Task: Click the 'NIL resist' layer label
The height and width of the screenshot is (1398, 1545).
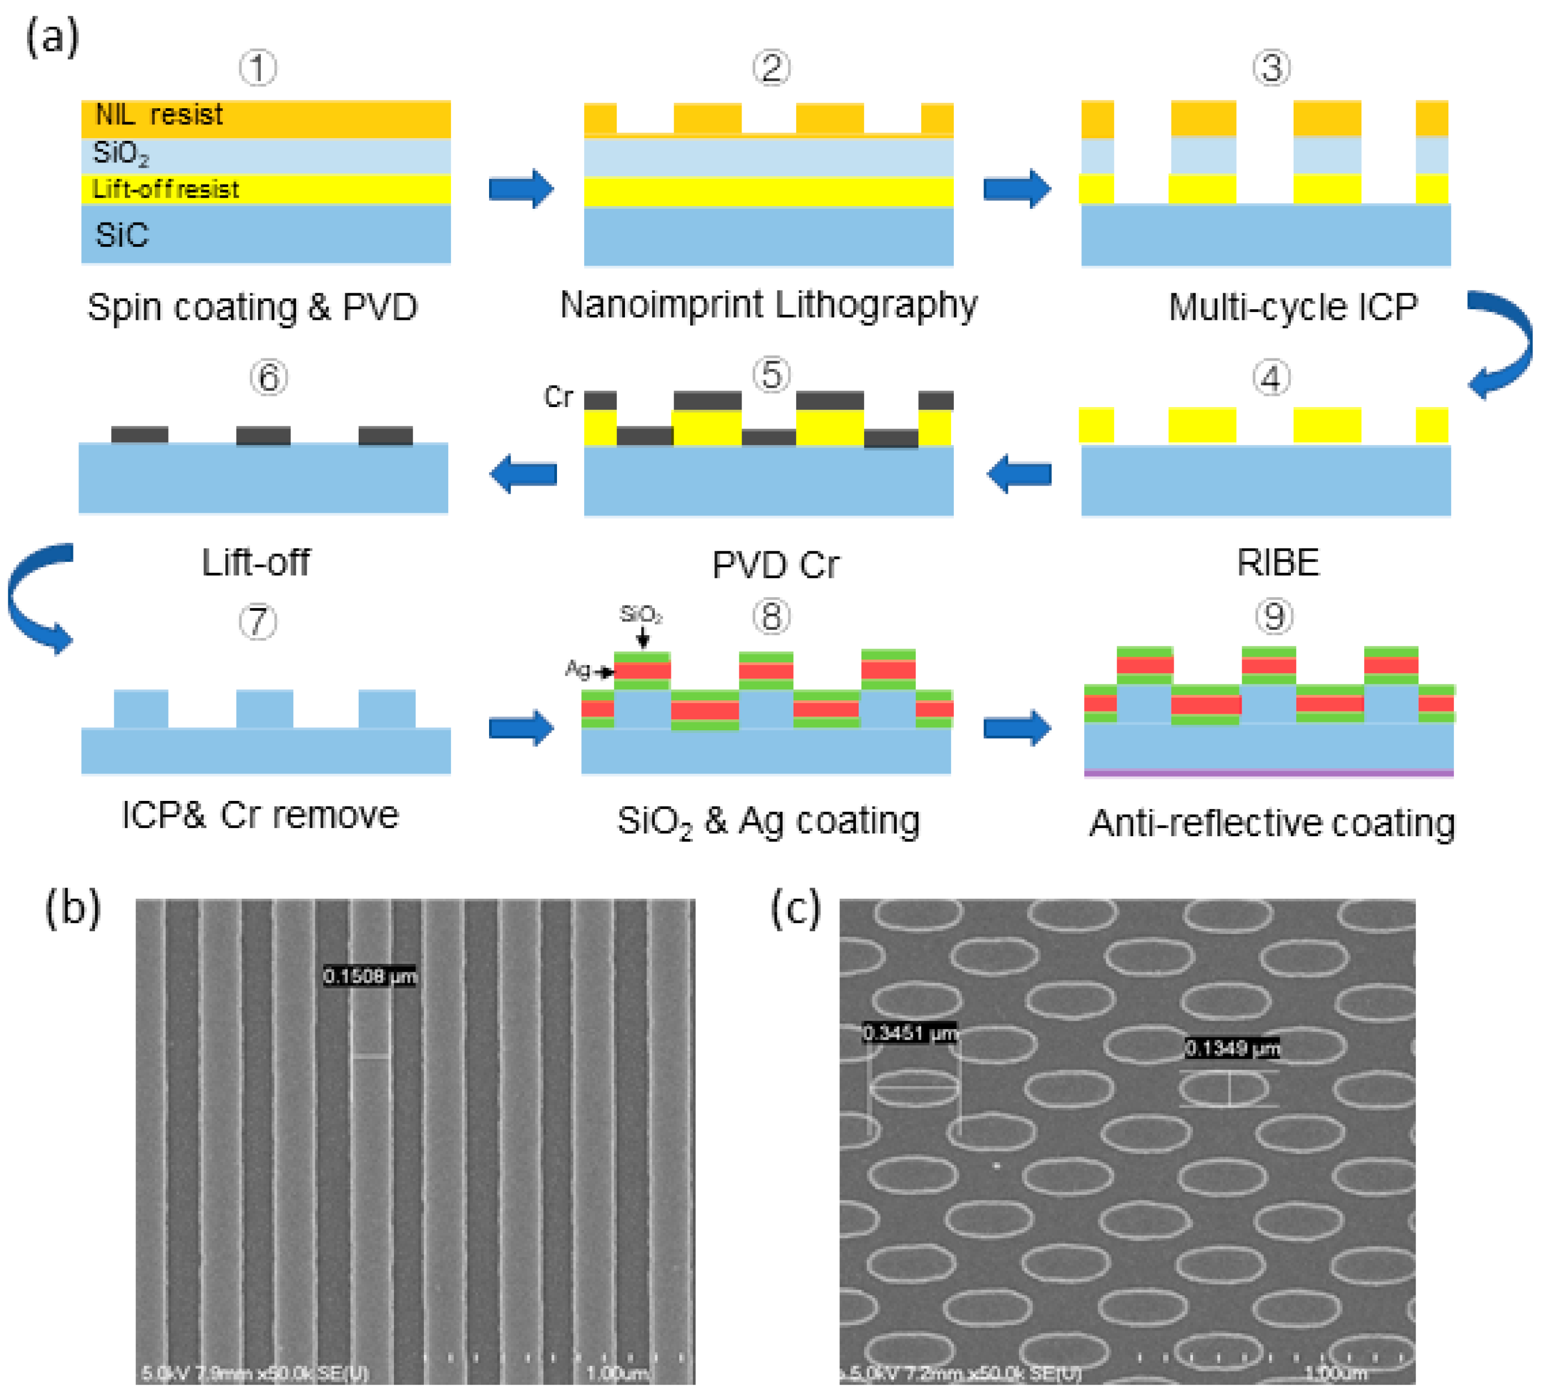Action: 159,115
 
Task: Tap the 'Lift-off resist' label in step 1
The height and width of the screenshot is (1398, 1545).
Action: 166,189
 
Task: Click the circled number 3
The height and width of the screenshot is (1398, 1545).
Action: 1271,68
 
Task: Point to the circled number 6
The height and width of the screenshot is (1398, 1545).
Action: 268,378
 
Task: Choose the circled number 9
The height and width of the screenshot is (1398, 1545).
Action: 1274,616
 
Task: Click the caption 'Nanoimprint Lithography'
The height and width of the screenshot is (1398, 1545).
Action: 769,305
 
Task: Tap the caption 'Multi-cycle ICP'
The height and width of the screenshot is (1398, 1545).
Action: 1293,307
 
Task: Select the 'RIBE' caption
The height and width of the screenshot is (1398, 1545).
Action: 1278,563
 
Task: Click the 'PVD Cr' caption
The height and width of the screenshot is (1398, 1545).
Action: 776,565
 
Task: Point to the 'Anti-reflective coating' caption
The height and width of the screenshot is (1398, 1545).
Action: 1272,824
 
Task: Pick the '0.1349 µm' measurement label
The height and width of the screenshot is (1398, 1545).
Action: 1232,1047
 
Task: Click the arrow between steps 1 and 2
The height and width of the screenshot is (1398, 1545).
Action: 521,188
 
